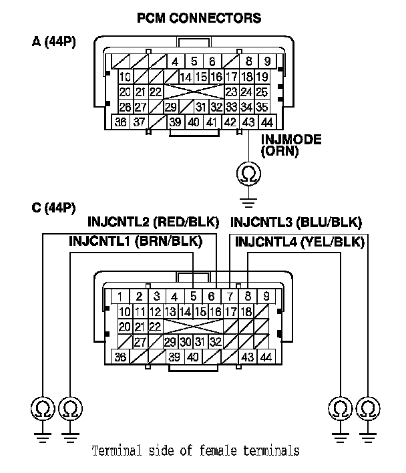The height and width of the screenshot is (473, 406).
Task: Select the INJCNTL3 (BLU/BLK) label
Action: coord(295,222)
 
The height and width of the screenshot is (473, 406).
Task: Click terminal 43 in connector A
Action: coord(248,122)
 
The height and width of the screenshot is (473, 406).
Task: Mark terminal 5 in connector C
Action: coord(193,297)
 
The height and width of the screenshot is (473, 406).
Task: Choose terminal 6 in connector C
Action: coord(212,297)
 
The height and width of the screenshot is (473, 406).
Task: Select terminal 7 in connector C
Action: coord(230,297)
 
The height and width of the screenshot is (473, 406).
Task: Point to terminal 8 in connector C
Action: coord(248,297)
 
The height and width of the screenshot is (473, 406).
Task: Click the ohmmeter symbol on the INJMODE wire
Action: coord(248,174)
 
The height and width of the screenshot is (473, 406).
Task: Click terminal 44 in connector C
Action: coord(266,357)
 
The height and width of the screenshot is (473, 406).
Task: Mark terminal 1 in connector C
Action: coord(121,297)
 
